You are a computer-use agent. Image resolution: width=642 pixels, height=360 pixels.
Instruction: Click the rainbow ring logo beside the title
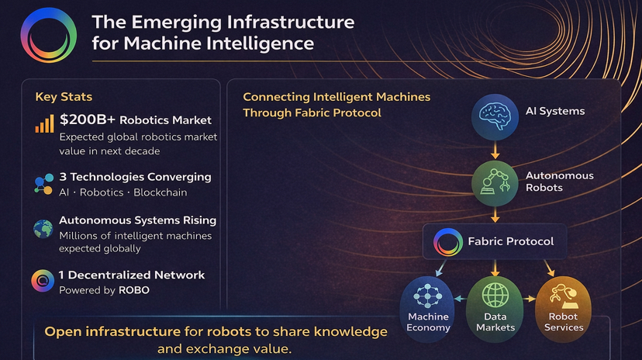(x=49, y=35)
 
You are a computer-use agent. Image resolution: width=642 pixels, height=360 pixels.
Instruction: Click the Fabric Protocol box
(x=494, y=241)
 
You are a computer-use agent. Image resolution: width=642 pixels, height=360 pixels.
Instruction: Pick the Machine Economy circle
(x=428, y=306)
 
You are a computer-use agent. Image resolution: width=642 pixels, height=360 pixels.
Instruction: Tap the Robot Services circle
(x=563, y=306)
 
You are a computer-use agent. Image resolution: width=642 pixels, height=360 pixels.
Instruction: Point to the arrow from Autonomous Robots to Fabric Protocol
(x=495, y=215)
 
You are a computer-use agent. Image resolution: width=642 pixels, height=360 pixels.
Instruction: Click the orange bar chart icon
(x=44, y=123)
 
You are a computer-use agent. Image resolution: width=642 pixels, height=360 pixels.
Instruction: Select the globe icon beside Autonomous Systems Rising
(x=43, y=228)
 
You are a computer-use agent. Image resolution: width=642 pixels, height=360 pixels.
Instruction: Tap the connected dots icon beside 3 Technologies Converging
(x=43, y=184)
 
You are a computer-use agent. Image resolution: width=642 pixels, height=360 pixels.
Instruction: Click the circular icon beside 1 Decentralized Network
(x=43, y=281)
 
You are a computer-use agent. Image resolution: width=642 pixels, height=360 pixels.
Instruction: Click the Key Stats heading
(x=64, y=97)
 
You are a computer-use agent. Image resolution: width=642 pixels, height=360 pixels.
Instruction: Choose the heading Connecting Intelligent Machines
(x=337, y=97)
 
